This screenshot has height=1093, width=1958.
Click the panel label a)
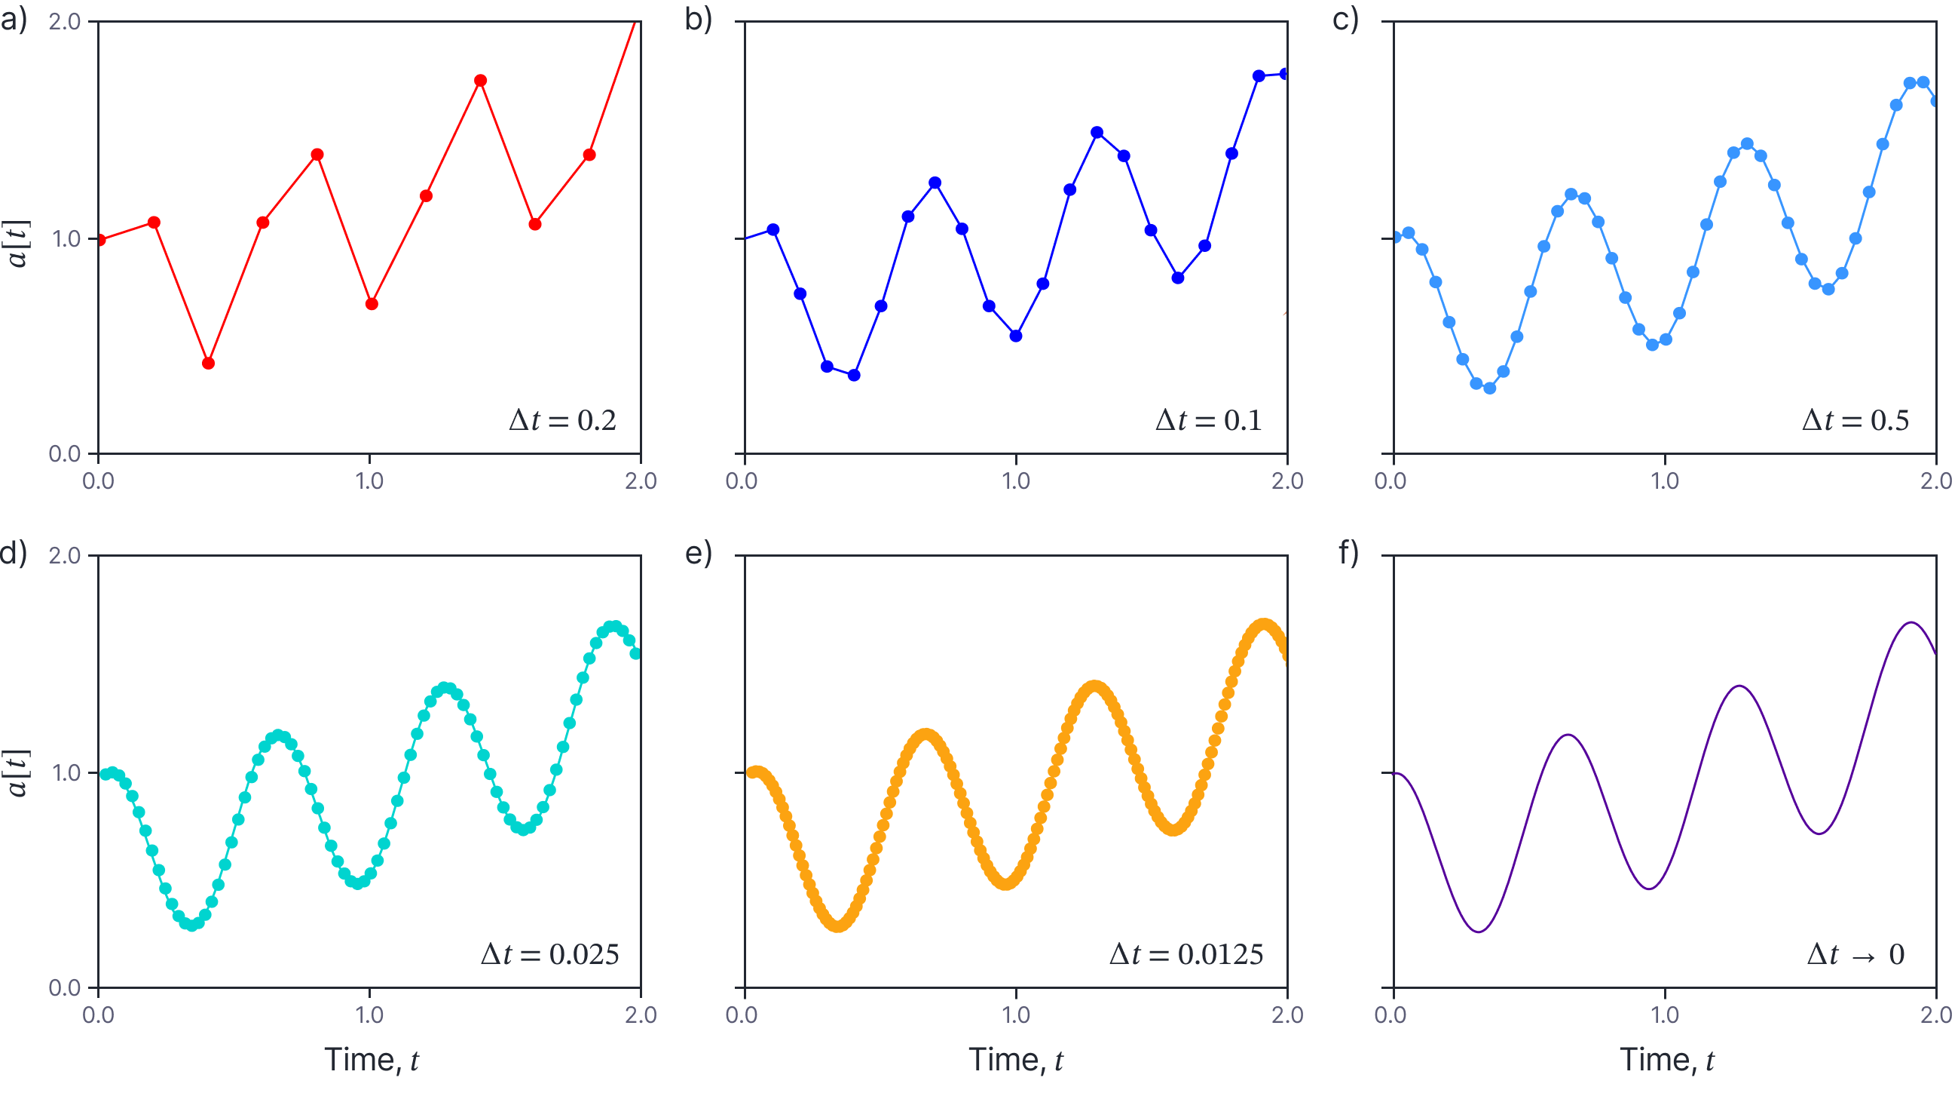(x=14, y=18)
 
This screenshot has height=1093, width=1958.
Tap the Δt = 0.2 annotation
(x=562, y=420)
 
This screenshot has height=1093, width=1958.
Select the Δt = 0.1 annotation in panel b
(x=1209, y=420)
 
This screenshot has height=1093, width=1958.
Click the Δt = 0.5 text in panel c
(x=1856, y=420)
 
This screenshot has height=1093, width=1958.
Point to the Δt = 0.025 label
(x=550, y=953)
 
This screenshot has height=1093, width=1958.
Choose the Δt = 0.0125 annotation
(x=1186, y=953)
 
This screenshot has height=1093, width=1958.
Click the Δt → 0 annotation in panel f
(x=1856, y=953)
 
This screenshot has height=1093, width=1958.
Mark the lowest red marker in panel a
(x=208, y=363)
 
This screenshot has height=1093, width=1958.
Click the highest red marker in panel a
(x=480, y=81)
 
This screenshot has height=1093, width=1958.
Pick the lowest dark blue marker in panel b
(x=854, y=375)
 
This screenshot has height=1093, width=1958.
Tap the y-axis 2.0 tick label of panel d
(x=65, y=555)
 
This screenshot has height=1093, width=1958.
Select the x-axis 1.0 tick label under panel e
(x=1015, y=1015)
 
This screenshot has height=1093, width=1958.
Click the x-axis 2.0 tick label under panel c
(x=1936, y=480)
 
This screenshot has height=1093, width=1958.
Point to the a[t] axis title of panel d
(x=17, y=772)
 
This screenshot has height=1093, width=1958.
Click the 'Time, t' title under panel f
(x=1666, y=1060)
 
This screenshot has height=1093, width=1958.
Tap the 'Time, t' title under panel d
(x=371, y=1060)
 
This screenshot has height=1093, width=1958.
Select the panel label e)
(x=698, y=553)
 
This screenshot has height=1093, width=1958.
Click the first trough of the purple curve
(x=1479, y=931)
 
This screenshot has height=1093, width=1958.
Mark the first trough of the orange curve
(x=837, y=925)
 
